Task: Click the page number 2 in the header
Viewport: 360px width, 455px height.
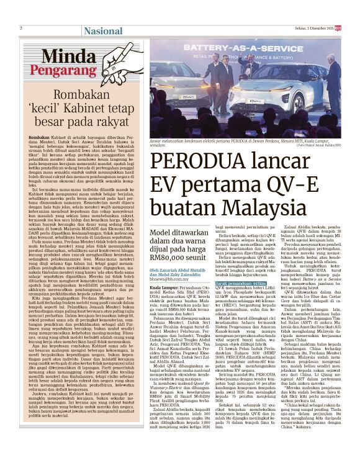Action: [x=20, y=28]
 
